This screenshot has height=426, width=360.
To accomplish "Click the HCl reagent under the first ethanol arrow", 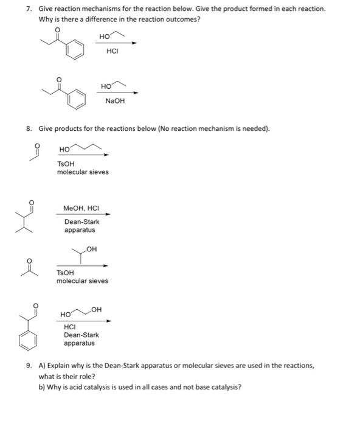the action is (x=111, y=51).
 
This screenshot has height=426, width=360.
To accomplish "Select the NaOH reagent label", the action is (x=114, y=101).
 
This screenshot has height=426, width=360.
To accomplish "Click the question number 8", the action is (x=29, y=128).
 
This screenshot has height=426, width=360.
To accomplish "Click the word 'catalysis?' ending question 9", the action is (x=224, y=385).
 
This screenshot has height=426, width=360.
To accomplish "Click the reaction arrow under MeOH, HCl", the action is (x=83, y=214).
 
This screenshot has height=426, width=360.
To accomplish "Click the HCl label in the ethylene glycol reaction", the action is (x=71, y=327).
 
